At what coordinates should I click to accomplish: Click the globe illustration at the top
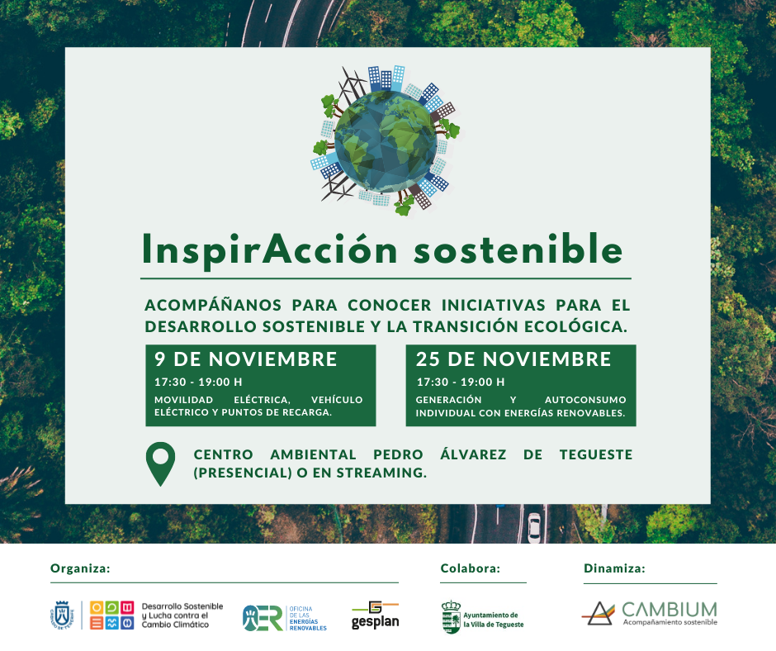pos(386,141)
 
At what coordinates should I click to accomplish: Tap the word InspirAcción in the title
pos(270,250)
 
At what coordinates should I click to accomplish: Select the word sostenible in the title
pos(518,249)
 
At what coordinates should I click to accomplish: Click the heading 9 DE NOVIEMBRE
pos(245,359)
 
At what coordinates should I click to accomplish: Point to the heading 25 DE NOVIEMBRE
pos(513,359)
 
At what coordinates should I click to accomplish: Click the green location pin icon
pos(160,463)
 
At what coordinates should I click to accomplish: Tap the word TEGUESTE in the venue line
pos(596,454)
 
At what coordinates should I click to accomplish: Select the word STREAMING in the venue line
pos(381,473)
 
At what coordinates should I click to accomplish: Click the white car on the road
pos(534,528)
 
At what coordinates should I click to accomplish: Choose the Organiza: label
pos(80,568)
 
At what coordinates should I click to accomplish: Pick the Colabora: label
pos(471,568)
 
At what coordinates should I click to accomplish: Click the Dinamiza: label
pos(614,568)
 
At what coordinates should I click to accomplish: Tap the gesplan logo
pos(375,615)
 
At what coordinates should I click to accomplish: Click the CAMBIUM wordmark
pos(670,610)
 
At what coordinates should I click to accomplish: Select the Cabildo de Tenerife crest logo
pos(62,615)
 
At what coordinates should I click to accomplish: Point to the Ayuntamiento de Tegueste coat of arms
pos(451,617)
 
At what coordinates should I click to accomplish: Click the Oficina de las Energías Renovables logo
pos(285,618)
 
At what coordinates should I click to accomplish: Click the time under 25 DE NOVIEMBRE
pos(461,382)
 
